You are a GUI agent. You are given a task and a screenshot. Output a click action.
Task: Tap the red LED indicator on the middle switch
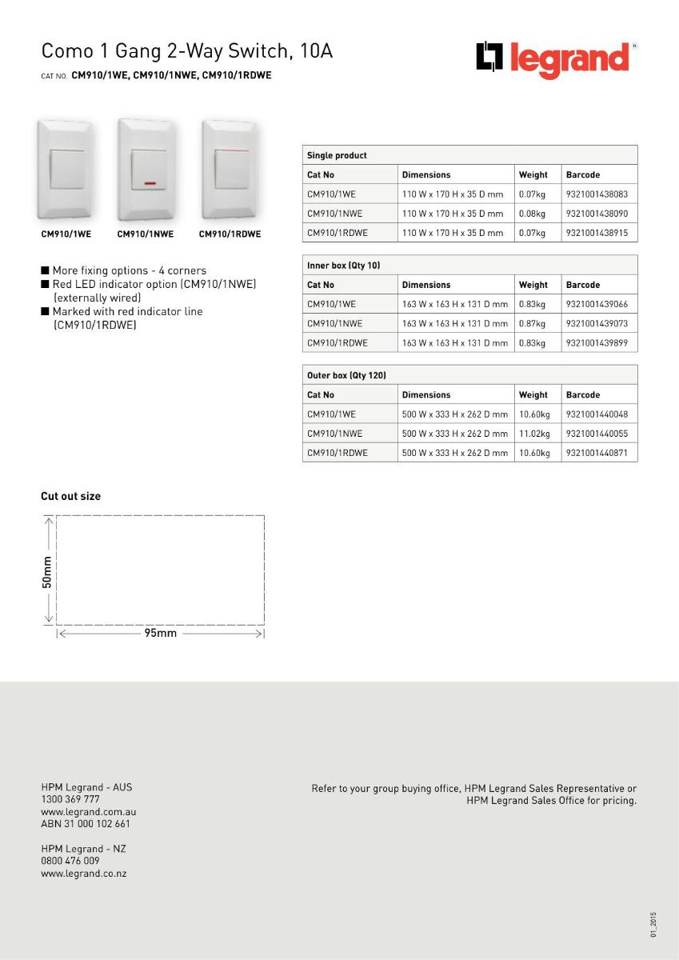point(150,183)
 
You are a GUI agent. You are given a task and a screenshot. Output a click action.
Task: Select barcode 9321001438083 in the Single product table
point(596,194)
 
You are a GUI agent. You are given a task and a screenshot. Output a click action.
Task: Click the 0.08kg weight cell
point(532,214)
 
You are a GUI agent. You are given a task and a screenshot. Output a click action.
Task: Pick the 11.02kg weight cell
point(534,434)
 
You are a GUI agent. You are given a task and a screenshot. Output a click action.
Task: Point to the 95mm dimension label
point(160,634)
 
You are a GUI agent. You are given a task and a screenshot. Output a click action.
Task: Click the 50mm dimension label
point(47,572)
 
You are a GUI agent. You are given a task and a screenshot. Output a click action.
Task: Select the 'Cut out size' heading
point(71,497)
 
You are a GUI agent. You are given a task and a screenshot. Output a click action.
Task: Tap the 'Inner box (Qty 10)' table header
point(343,265)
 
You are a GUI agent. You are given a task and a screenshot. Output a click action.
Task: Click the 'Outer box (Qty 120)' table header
point(346,375)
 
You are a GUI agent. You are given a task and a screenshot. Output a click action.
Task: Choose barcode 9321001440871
point(596,453)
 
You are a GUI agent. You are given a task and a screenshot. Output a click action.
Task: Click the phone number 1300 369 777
point(70,799)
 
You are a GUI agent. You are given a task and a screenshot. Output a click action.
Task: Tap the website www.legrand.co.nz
point(83,874)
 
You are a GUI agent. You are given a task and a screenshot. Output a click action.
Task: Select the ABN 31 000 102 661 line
point(85,823)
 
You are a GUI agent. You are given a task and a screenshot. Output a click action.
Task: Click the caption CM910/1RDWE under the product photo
point(230,234)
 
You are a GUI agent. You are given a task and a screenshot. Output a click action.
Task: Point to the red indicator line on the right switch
point(231,150)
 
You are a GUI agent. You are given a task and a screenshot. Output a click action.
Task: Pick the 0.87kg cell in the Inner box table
point(532,324)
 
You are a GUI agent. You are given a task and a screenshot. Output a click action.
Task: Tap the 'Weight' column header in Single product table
point(533,175)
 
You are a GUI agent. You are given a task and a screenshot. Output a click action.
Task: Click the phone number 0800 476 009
point(70,861)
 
